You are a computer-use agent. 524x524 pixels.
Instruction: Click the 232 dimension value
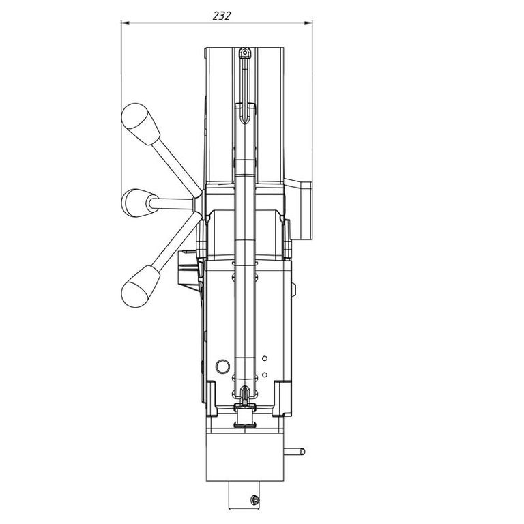pyautogui.click(x=222, y=16)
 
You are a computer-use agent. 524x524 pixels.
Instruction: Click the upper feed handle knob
pyautogui.click(x=141, y=124)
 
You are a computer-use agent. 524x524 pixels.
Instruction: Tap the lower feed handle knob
pyautogui.click(x=141, y=287)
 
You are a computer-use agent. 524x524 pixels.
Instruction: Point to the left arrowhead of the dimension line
pyautogui.click(x=125, y=23)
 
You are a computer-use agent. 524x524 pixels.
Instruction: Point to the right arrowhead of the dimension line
pyautogui.click(x=308, y=23)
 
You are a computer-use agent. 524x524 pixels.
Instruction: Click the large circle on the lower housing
pyautogui.click(x=222, y=366)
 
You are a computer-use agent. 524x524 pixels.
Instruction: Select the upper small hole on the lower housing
pyautogui.click(x=265, y=358)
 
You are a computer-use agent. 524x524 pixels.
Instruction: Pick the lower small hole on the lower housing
pyautogui.click(x=265, y=375)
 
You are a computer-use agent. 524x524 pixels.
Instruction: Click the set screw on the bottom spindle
pyautogui.click(x=254, y=500)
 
